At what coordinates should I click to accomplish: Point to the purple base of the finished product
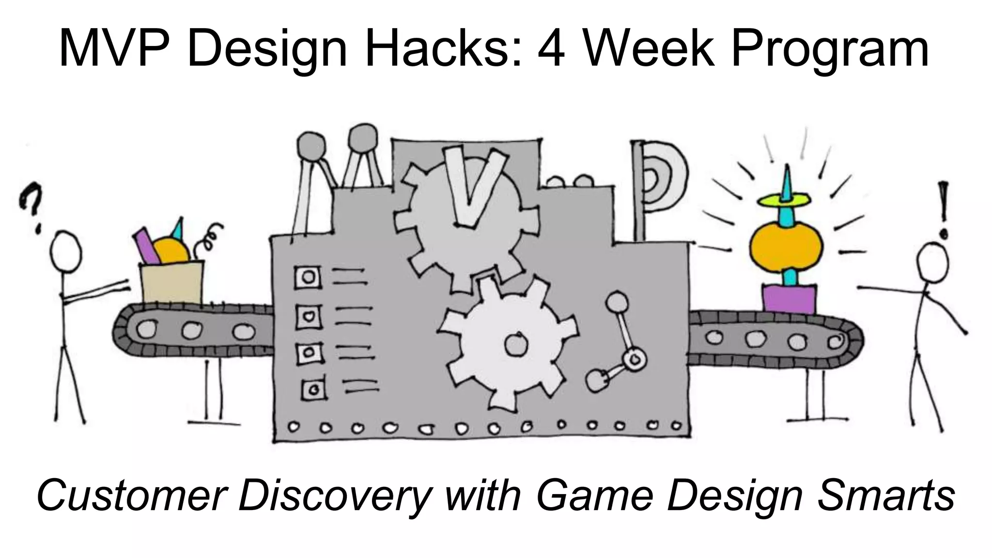coord(788,299)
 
